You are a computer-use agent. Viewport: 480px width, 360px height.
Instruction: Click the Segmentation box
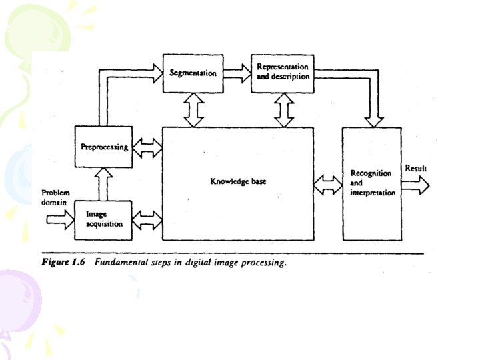coord(193,72)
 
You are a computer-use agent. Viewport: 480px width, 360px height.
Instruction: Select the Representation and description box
coord(283,72)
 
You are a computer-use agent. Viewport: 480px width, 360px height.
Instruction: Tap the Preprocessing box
coord(104,147)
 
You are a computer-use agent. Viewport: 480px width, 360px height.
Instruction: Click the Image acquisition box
coord(104,219)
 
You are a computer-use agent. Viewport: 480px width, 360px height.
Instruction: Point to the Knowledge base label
coord(238,181)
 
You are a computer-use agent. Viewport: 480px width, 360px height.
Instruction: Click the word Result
coord(415,169)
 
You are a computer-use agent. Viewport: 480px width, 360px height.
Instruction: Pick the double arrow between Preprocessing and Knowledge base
coord(147,147)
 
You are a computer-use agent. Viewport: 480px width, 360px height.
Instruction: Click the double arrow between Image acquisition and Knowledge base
coord(147,219)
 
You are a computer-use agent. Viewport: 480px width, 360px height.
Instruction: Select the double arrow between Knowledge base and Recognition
coord(327,185)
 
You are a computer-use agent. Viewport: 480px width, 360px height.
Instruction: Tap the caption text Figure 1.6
coord(64,263)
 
